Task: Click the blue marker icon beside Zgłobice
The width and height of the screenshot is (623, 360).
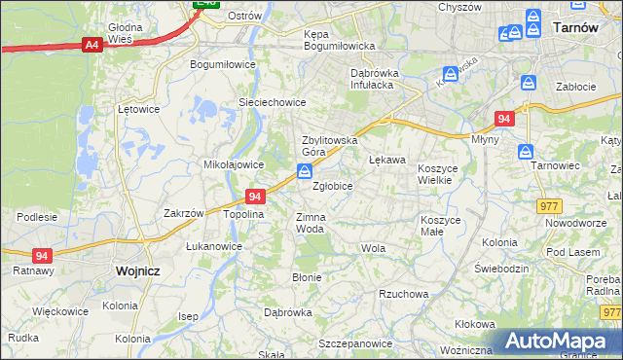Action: pyautogui.click(x=305, y=172)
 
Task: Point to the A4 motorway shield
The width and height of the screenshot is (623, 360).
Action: pyautogui.click(x=92, y=45)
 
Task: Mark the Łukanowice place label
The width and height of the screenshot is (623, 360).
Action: pyautogui.click(x=214, y=246)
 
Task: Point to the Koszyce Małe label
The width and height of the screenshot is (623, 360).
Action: pyautogui.click(x=440, y=226)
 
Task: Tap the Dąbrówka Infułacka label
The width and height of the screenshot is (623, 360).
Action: pyautogui.click(x=383, y=78)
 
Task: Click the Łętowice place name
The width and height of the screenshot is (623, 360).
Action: pyautogui.click(x=138, y=109)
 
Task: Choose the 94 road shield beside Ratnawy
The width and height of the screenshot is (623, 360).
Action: pyautogui.click(x=41, y=256)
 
